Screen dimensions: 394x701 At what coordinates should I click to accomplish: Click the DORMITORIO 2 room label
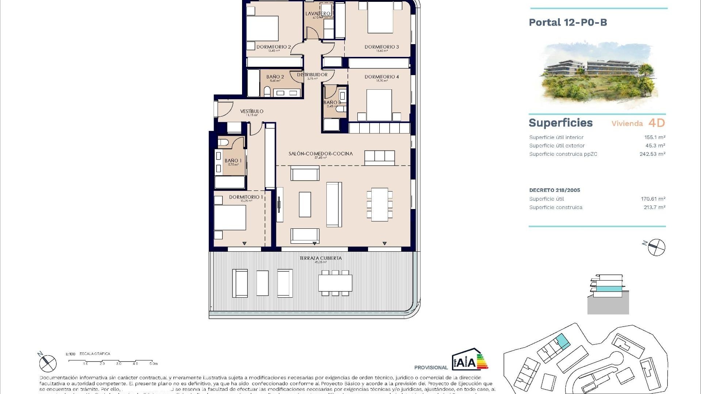pos(273,47)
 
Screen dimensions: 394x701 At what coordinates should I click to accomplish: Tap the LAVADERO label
pos(318,14)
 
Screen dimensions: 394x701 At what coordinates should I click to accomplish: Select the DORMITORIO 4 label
pos(382,77)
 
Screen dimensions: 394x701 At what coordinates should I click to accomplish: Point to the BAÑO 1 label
pos(233,161)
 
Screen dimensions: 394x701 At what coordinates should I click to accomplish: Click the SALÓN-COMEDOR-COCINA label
pos(321,154)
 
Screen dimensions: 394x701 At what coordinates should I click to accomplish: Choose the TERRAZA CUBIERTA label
pos(321,258)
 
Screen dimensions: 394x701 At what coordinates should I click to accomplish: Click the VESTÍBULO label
pos(252,112)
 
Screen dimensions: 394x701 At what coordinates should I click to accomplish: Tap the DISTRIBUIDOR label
pos(312,75)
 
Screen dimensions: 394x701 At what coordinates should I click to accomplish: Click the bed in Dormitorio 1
pos(230,217)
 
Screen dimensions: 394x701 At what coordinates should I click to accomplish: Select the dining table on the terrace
pos(335,283)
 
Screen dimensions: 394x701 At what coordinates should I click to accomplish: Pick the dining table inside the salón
pos(379,204)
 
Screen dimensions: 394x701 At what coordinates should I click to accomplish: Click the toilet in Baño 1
pos(223,142)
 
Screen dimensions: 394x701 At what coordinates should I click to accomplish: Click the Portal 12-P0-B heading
pos(568,23)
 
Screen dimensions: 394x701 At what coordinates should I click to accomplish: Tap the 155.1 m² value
pos(654,138)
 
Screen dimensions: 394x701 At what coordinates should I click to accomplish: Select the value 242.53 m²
pos(652,154)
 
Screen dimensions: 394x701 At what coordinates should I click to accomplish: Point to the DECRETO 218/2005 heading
pos(554,190)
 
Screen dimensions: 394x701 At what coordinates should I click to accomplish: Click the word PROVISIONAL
pos(431,367)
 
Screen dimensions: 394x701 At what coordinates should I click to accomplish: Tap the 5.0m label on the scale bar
pos(153,364)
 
